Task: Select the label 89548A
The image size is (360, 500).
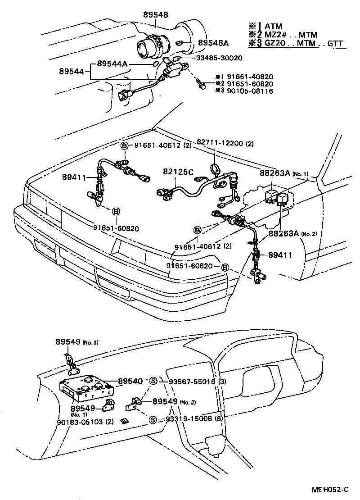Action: (213, 43)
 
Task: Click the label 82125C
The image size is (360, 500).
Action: (178, 172)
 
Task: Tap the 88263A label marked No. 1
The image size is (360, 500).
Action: (275, 173)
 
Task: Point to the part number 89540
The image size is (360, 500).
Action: (130, 381)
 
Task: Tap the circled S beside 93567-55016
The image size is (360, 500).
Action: (153, 381)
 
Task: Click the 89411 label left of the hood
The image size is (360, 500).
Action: (74, 177)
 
